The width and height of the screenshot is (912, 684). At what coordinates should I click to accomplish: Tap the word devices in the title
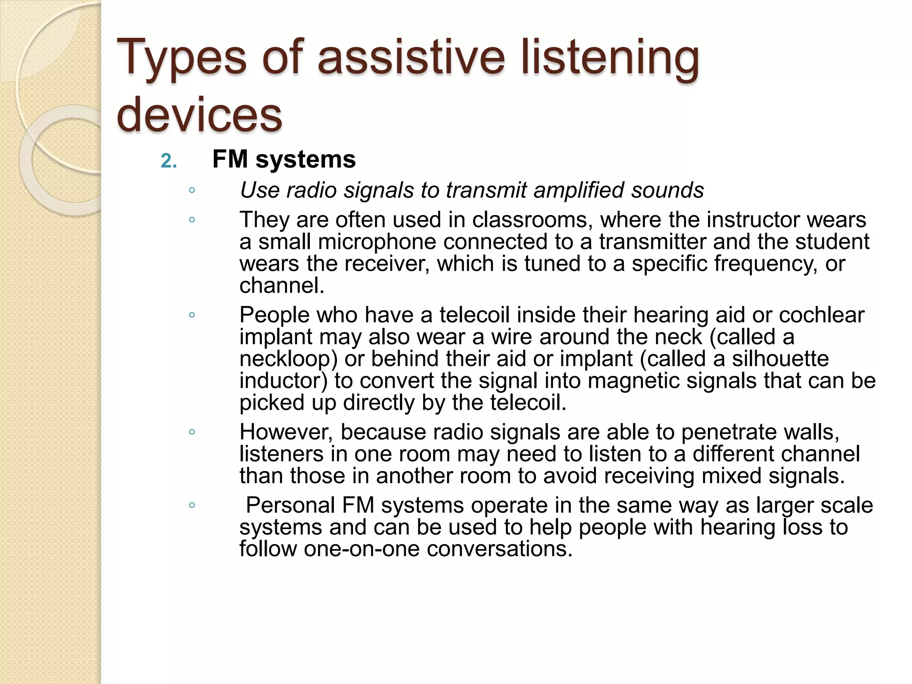click(x=199, y=114)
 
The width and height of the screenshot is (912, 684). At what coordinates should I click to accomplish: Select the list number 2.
click(x=168, y=161)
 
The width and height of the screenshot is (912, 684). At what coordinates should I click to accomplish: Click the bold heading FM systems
click(x=284, y=159)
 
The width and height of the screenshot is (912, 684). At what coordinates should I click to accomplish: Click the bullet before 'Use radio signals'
click(x=192, y=191)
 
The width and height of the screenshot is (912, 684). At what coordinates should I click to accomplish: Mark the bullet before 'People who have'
click(x=192, y=315)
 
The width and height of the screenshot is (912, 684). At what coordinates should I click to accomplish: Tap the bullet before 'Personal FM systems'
click(x=192, y=505)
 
